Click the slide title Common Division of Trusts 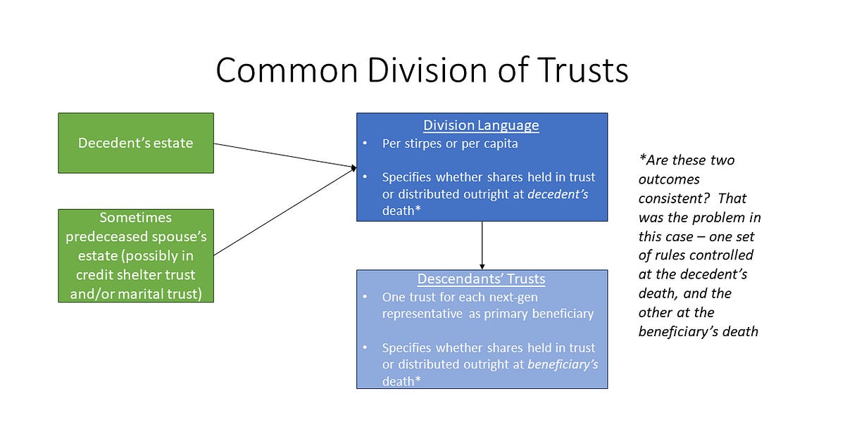422,70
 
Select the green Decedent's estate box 136,143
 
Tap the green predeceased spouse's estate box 136,256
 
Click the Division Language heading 481,125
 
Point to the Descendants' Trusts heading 481,279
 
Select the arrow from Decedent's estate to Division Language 282,155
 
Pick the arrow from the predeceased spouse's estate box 282,211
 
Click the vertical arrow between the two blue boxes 482,245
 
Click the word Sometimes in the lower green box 136,218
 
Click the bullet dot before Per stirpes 365,143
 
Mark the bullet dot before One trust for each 365,297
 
